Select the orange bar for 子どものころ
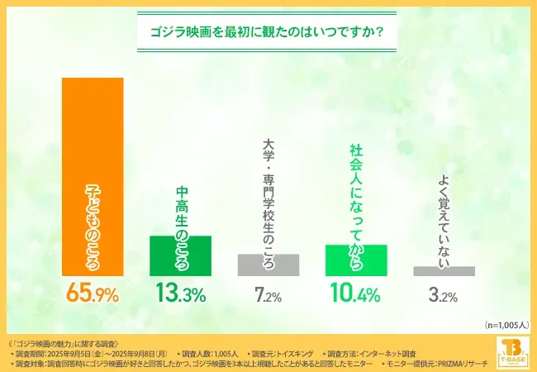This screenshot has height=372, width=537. (93, 124)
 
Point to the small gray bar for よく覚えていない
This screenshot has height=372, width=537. (444, 271)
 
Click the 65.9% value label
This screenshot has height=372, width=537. (93, 293)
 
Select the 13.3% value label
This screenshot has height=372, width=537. (181, 293)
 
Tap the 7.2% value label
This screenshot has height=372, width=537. (268, 294)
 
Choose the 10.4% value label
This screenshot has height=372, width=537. (356, 293)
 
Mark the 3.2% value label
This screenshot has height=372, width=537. (444, 294)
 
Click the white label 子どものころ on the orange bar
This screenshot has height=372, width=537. (93, 225)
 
